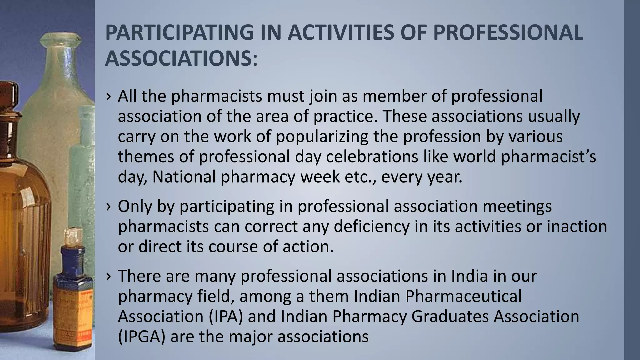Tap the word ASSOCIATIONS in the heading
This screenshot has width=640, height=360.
[x=178, y=58]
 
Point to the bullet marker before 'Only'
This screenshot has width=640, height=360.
[x=108, y=207]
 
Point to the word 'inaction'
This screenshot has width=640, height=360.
[x=577, y=227]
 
